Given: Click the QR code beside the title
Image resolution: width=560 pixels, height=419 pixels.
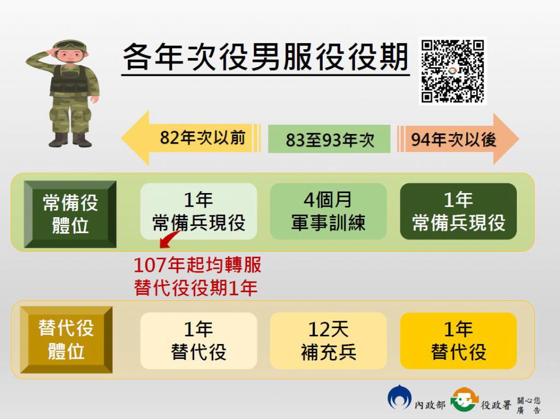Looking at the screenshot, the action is [x=452, y=71].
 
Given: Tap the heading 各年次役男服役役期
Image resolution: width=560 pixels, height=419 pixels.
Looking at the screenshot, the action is [x=265, y=57].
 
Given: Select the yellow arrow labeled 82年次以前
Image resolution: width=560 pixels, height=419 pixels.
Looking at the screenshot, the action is [x=191, y=138].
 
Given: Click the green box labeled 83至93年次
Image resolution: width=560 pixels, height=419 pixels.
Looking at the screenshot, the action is [x=329, y=139].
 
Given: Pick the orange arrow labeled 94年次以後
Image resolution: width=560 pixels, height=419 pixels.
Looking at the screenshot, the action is [x=458, y=139].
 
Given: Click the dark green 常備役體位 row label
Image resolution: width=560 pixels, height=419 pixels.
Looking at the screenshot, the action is [x=70, y=214].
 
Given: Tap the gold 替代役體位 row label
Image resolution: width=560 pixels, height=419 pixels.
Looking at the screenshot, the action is [x=66, y=340].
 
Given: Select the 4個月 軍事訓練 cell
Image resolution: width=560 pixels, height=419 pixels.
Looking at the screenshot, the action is [x=328, y=212].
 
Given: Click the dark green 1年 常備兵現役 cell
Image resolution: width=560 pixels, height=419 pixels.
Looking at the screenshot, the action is [x=458, y=212].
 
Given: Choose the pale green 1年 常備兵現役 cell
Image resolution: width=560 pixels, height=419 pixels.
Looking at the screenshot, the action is [x=199, y=212].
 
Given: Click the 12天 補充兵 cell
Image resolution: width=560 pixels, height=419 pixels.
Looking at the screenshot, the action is [x=328, y=341].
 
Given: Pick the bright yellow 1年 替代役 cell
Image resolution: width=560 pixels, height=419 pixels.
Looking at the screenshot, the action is [x=458, y=341].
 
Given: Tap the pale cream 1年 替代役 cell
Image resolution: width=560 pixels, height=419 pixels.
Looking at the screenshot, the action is [x=199, y=341].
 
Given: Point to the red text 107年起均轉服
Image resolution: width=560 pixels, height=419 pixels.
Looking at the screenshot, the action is [x=197, y=265].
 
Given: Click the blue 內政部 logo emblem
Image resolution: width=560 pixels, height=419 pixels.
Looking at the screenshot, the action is [x=399, y=398].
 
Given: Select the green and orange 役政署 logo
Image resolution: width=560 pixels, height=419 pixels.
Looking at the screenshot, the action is [x=464, y=399].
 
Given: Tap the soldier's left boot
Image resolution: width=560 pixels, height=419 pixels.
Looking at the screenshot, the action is [x=82, y=140].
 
